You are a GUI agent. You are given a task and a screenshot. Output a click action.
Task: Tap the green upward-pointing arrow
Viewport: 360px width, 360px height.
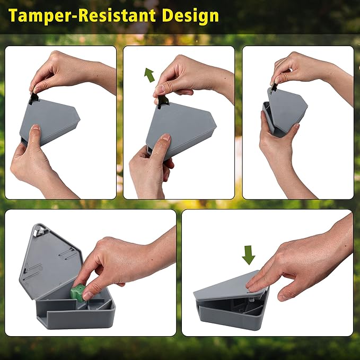(150, 74)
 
